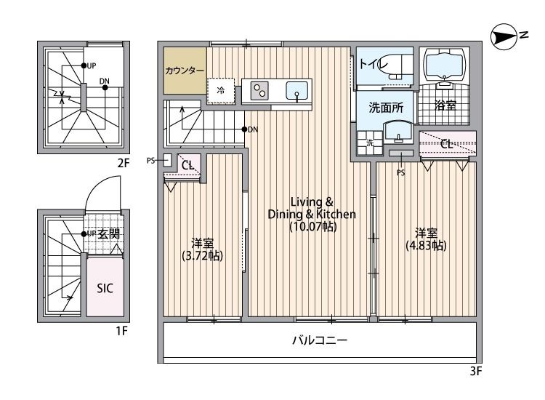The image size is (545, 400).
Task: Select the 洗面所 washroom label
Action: (386, 108)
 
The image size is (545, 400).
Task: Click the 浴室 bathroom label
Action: (445, 106)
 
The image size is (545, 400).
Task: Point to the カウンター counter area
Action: (185, 71)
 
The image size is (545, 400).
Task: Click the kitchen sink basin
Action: (297, 91)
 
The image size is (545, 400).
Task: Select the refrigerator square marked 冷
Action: (221, 91)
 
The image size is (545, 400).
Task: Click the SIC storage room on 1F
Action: (105, 287)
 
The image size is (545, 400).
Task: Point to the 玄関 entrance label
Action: (109, 233)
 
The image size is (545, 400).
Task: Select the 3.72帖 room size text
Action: (202, 255)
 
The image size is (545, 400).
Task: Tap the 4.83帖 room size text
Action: (426, 245)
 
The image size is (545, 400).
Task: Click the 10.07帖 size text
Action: (312, 226)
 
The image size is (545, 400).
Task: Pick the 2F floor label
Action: (123, 163)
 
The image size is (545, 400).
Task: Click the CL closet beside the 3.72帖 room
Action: (187, 166)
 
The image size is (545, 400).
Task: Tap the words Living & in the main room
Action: (311, 201)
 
